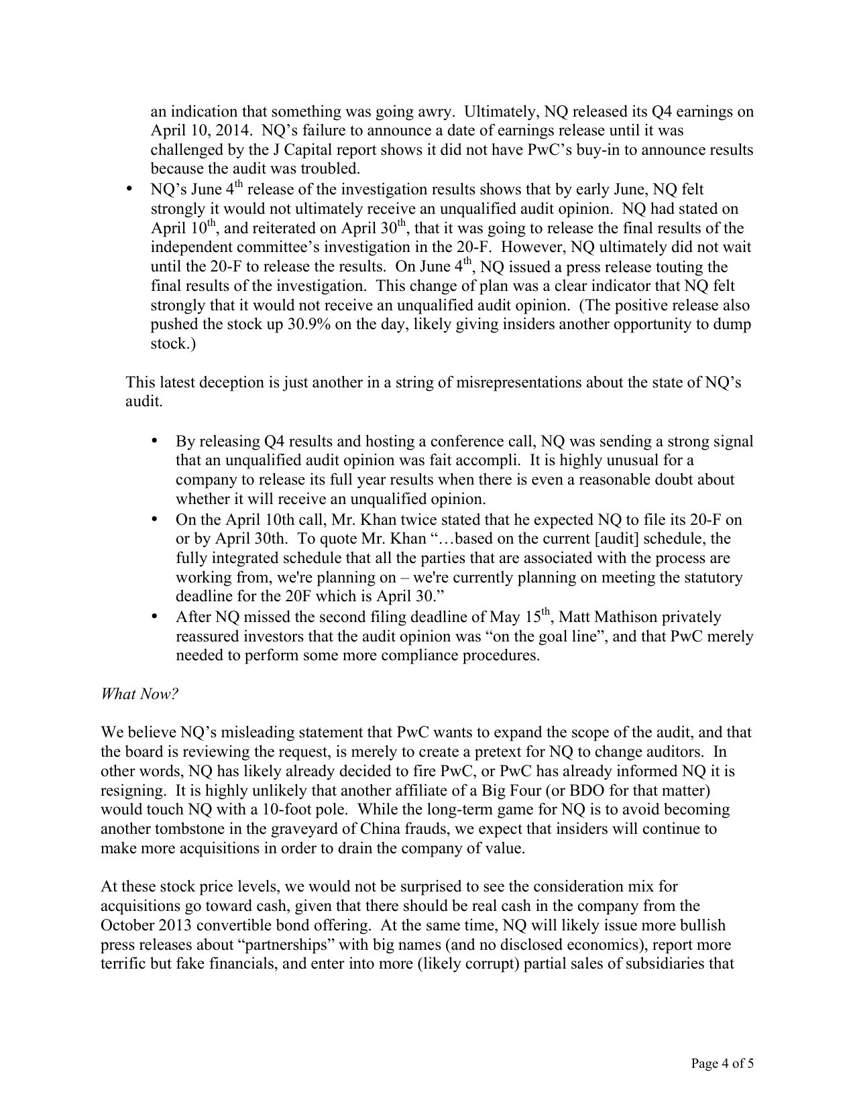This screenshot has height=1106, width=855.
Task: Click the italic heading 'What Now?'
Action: tap(139, 694)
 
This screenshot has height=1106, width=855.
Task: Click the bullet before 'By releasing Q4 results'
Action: tap(154, 441)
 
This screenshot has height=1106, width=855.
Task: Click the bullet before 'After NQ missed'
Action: tap(154, 616)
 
